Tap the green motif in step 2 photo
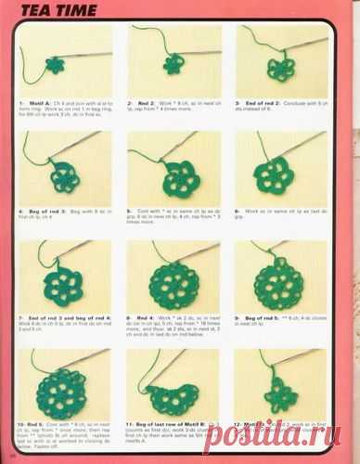click(x=172, y=66)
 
